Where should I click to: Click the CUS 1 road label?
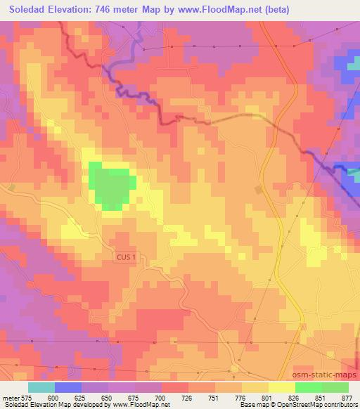pyautogui.click(x=129, y=259)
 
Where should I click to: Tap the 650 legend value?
pyautogui.click(x=108, y=398)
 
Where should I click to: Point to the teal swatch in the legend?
pyautogui.click(x=41, y=387)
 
